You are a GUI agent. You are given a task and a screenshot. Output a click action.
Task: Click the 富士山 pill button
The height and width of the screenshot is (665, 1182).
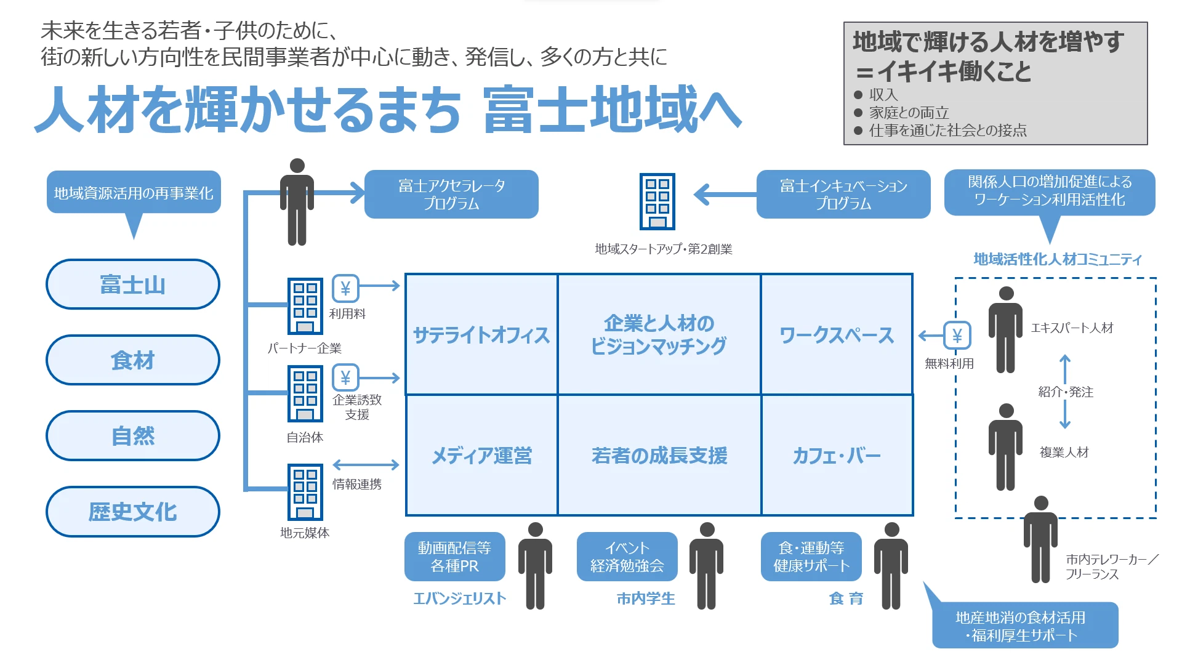coord(133,284)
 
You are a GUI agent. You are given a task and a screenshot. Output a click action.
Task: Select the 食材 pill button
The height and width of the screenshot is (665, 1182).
coord(133,360)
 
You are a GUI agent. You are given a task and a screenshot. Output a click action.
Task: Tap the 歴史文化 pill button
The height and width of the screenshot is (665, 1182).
coord(133,512)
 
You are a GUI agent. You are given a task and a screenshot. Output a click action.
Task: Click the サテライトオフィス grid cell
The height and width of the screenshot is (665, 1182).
coord(481,334)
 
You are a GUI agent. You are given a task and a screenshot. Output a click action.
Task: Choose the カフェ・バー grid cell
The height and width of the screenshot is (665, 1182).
coord(837,456)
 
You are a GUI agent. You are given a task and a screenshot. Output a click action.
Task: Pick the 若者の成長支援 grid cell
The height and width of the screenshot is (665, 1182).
coord(659,456)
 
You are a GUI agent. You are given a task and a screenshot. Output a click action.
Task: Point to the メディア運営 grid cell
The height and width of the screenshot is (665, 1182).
coord(481,456)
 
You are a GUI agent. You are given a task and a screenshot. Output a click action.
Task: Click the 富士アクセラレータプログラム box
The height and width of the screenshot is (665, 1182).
coord(451,194)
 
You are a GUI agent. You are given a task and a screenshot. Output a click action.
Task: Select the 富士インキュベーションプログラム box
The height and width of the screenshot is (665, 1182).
coord(843,194)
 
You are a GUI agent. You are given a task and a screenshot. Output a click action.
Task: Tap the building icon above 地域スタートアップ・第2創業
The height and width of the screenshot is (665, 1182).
coord(657,201)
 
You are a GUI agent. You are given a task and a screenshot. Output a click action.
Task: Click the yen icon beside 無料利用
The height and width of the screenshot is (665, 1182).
coord(957,336)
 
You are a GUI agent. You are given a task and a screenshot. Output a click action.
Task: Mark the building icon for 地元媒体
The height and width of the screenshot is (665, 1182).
coord(305,492)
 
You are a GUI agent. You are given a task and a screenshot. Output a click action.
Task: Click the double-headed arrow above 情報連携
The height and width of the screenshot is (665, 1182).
coord(366,465)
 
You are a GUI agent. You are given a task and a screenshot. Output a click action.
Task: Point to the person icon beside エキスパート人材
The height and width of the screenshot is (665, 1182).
coord(1005,330)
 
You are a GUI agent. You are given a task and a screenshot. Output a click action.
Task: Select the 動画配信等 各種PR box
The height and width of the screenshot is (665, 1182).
coord(454,557)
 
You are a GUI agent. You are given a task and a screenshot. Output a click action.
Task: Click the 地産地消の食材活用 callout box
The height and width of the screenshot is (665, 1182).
coord(1024,626)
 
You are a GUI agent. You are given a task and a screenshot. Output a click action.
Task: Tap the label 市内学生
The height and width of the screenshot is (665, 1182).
coord(646,598)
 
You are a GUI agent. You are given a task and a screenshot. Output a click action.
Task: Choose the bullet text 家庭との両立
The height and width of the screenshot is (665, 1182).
coord(909,113)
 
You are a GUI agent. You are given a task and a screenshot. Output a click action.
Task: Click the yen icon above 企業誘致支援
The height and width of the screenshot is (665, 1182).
coord(345,377)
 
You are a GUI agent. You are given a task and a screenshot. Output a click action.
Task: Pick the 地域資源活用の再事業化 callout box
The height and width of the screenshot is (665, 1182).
coord(134,193)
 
